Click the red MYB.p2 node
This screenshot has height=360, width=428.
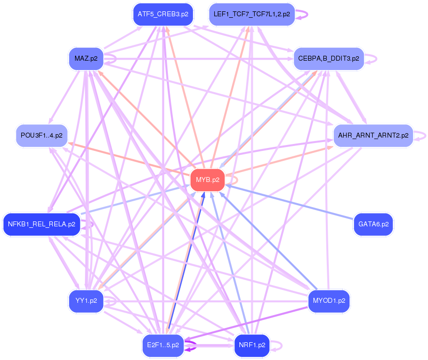[x=207, y=180]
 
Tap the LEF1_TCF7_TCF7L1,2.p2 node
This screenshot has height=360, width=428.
[x=252, y=14]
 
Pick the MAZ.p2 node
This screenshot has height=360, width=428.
[x=86, y=59]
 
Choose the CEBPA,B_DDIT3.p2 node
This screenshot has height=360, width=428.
[x=328, y=59]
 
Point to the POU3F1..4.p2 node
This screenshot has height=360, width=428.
[x=41, y=135]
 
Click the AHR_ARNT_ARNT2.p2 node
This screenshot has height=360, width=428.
[x=373, y=135]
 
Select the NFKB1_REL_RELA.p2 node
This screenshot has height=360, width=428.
[x=41, y=224]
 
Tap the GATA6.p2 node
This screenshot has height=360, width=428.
[x=373, y=224]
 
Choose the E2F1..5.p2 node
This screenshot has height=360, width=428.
[x=163, y=345]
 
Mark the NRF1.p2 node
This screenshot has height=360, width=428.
[x=252, y=345]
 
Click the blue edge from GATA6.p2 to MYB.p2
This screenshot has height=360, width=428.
[x=291, y=203]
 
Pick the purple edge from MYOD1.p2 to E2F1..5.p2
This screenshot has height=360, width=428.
[x=247, y=324]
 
